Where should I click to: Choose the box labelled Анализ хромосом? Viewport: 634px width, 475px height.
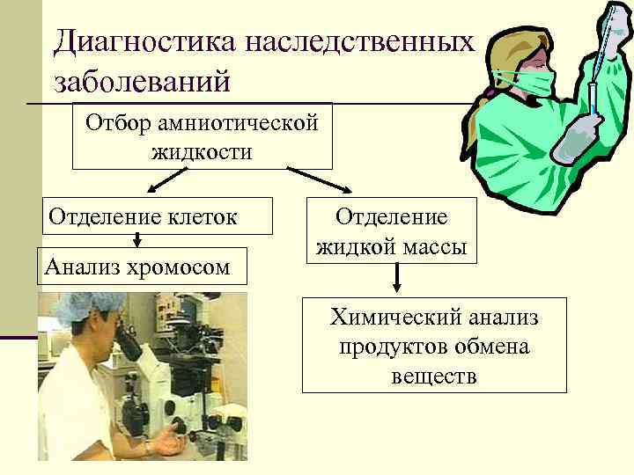139,265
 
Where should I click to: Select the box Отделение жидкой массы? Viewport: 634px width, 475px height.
392,230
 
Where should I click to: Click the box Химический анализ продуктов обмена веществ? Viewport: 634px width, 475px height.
434,347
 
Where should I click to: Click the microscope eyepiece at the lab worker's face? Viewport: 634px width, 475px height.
124,339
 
